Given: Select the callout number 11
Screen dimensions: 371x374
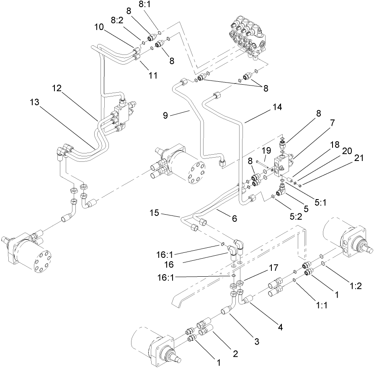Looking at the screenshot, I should (x=153, y=75).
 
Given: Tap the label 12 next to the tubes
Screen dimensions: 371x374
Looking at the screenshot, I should (x=58, y=88).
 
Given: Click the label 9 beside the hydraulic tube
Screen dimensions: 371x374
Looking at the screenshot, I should (x=166, y=115).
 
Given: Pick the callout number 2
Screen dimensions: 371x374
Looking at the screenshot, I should (x=236, y=354).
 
